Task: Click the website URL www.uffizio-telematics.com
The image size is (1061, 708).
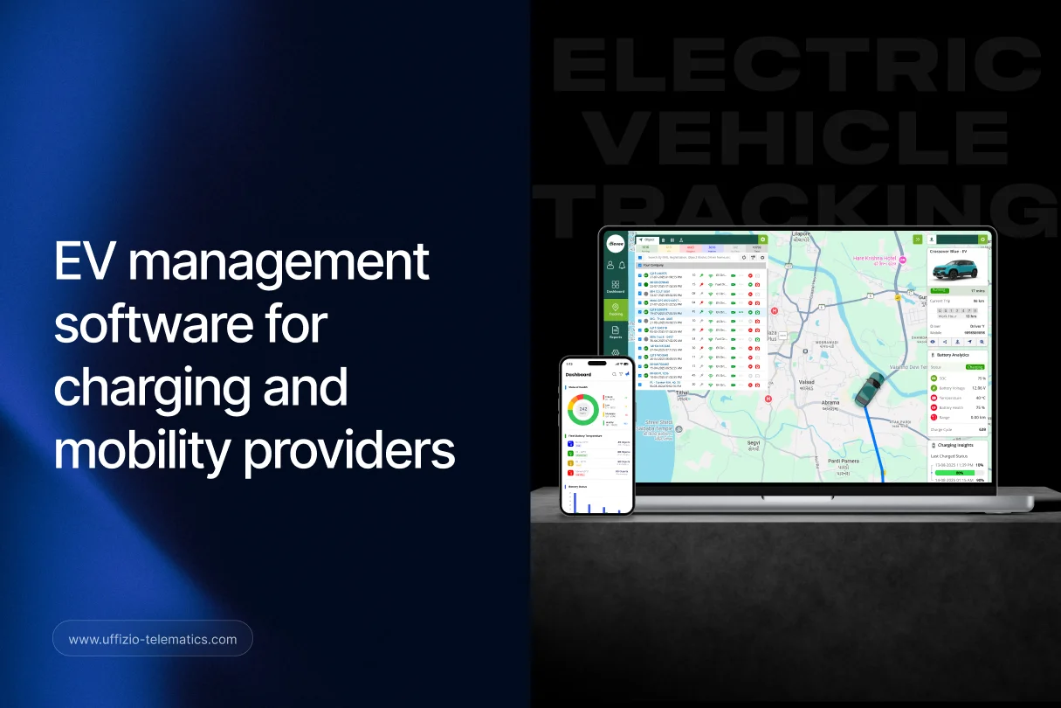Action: [x=153, y=639]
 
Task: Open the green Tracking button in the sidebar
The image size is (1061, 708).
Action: [x=616, y=309]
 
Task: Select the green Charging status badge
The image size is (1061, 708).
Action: [x=975, y=367]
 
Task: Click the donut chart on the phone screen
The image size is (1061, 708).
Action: [x=582, y=408]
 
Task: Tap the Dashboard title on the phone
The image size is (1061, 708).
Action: [x=579, y=374]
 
